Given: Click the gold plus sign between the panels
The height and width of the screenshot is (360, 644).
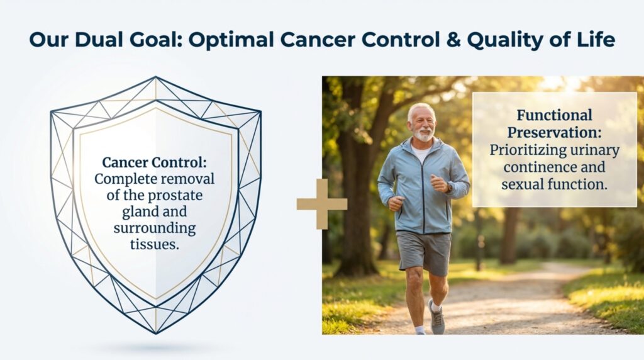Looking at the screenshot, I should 321,203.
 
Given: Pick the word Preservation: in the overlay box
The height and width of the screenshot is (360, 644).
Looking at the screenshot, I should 555,133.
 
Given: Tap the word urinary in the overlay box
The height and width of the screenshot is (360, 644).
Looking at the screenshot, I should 591,150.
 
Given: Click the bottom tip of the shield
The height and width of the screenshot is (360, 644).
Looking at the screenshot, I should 155,331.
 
